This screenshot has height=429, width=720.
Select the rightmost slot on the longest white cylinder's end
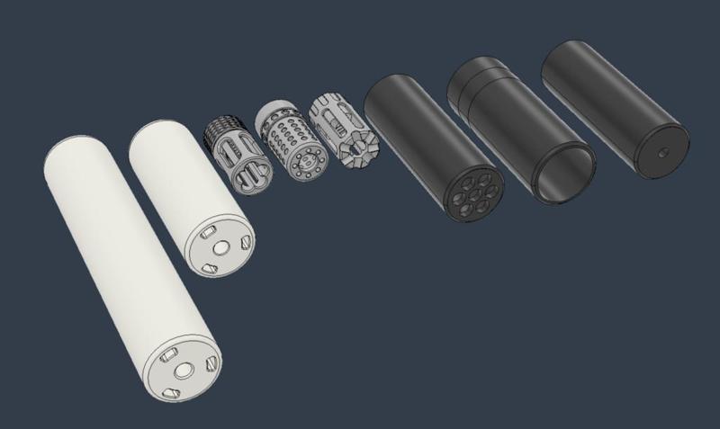click(x=211, y=362)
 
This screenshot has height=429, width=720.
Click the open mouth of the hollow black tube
click(x=564, y=174)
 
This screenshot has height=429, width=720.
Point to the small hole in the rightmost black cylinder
click(x=661, y=153)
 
